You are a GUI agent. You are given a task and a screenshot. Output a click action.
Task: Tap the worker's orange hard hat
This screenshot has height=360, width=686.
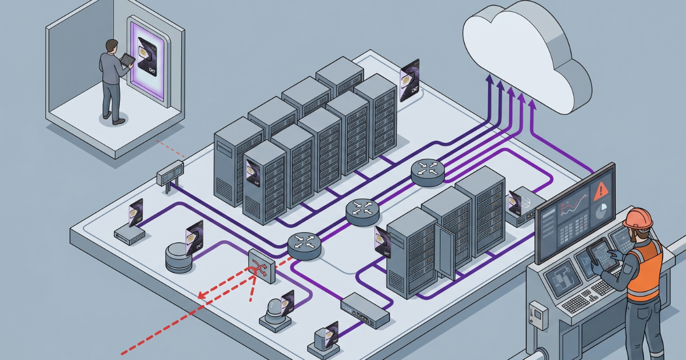tap(638, 218)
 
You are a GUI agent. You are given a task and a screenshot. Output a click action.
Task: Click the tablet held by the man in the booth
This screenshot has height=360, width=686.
tap(127, 59)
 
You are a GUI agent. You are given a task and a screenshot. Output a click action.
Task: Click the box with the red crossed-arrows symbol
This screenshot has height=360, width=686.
tap(261, 266)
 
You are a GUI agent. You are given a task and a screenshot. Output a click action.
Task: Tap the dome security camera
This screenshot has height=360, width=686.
tap(274, 312)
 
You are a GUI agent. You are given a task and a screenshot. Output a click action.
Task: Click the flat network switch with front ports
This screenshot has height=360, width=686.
tap(365, 309)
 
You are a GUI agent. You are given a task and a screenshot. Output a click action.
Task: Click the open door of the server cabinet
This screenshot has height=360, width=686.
tap(444, 251)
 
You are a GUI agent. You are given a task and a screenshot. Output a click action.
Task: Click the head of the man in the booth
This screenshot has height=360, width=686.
tap(111, 46)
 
